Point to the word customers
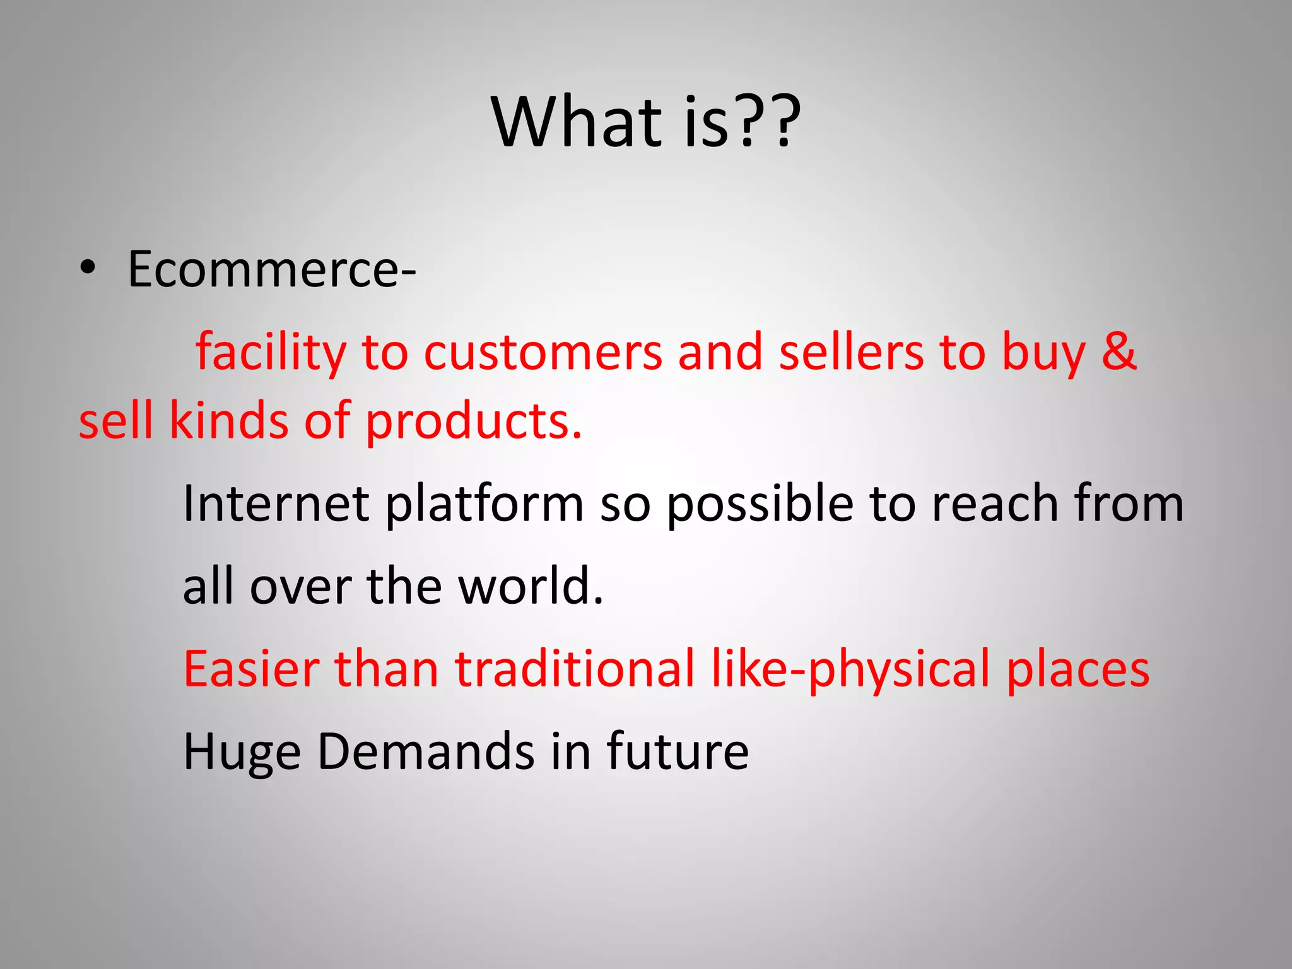(543, 353)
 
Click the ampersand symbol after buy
(1119, 351)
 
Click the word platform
(484, 505)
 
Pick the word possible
(760, 505)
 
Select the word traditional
(575, 669)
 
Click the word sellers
(851, 353)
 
